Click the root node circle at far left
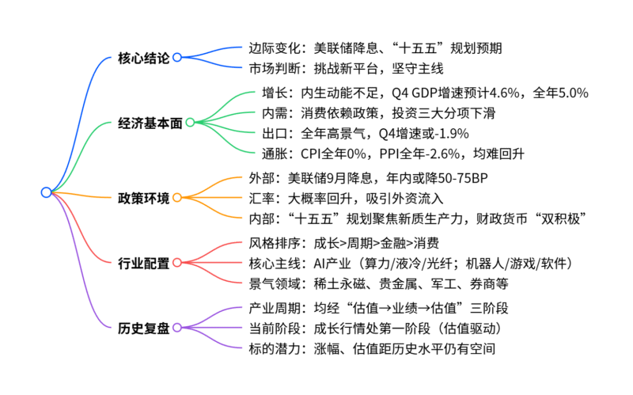click(x=46, y=192)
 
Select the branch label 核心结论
click(x=143, y=57)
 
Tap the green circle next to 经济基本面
click(x=190, y=123)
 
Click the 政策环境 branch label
click(x=143, y=197)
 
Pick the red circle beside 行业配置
click(x=177, y=262)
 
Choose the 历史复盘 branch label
click(x=143, y=327)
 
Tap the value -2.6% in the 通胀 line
click(x=442, y=152)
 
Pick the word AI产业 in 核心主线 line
click(x=334, y=262)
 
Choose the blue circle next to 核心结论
click(x=177, y=57)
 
